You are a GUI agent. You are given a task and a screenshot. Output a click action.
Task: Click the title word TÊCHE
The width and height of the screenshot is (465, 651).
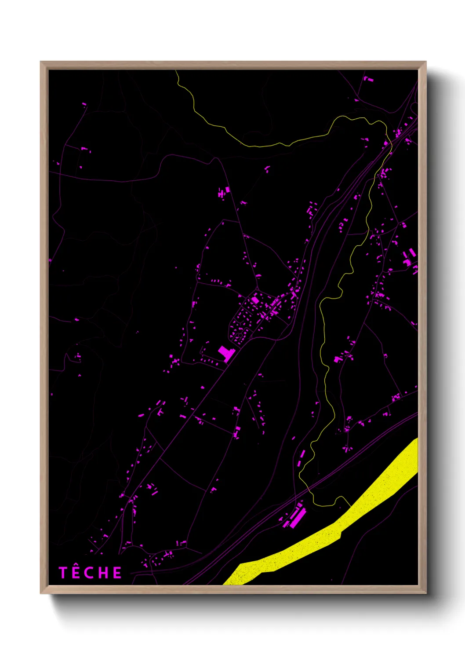(x=91, y=573)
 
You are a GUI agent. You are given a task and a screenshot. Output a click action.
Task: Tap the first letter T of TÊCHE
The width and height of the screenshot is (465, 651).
(x=63, y=573)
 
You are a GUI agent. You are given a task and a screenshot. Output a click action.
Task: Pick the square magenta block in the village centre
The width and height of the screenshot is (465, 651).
(x=255, y=300)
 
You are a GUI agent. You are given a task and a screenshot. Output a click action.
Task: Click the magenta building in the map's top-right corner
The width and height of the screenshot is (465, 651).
(x=367, y=79)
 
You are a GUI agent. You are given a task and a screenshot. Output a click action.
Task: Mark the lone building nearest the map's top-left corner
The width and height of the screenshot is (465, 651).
(x=84, y=104)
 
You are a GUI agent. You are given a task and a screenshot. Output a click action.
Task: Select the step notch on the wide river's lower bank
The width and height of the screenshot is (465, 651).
(x=341, y=535)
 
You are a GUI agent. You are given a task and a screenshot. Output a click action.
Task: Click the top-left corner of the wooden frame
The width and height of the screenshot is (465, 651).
(x=41, y=62)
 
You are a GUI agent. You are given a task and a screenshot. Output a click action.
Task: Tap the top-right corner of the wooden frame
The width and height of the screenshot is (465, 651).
(x=425, y=62)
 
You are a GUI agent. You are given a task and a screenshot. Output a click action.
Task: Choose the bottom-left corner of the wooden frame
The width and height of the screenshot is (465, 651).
(x=41, y=593)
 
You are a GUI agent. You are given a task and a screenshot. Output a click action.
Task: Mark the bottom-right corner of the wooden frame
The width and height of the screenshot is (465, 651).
(x=425, y=593)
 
